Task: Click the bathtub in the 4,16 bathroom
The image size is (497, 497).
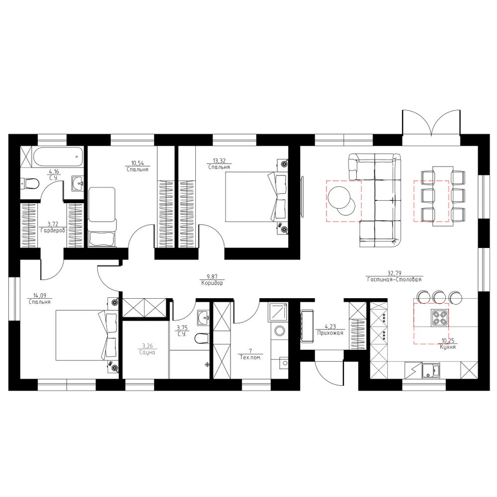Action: point(58,156)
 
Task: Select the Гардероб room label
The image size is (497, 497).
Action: point(53,231)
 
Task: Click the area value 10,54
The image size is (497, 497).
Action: point(138,163)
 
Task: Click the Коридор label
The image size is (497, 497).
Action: point(212,283)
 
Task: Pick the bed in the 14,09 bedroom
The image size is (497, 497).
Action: point(86,335)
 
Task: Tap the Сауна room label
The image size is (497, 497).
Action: point(147,352)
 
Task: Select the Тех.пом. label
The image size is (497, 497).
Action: point(250,357)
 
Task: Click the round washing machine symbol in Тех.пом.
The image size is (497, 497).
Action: point(279,331)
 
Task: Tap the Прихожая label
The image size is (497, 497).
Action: point(331,333)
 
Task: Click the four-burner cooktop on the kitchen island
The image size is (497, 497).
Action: point(440,318)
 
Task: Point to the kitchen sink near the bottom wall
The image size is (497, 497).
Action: point(430,371)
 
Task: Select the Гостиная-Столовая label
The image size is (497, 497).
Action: point(394,279)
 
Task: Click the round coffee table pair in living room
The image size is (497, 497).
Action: point(341,201)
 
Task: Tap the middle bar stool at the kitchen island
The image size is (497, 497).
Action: point(439,297)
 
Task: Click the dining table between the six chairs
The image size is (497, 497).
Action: point(443,196)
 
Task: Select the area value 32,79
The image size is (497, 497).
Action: point(394,273)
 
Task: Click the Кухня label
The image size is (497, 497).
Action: point(448,347)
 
